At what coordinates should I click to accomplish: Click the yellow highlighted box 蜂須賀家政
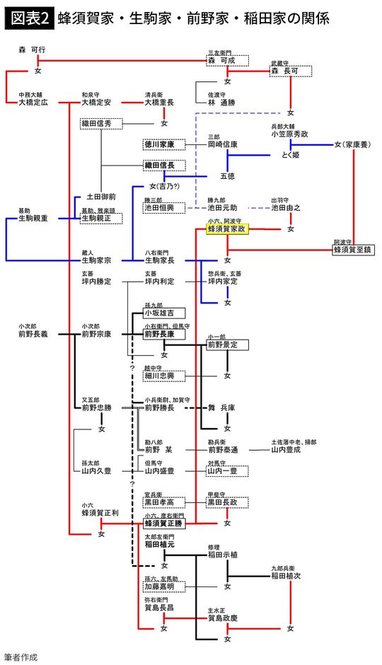pos(226,230)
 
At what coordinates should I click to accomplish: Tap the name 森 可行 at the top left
pos(33,52)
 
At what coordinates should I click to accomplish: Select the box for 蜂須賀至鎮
pos(354,249)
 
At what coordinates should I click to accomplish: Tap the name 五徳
pos(227,175)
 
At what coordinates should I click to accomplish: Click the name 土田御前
pos(100,197)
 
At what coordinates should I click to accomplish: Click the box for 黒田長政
pos(226,502)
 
